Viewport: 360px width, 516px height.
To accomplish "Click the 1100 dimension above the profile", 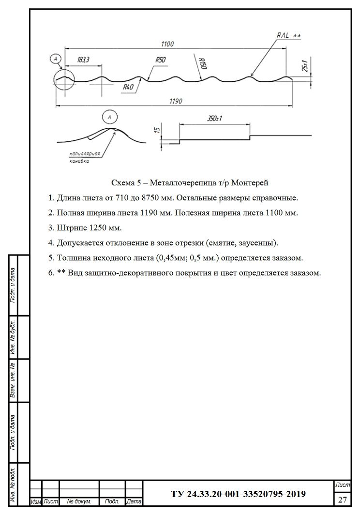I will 166,44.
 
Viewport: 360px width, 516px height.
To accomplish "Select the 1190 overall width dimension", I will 175,101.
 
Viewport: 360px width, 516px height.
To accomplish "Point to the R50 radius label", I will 161,60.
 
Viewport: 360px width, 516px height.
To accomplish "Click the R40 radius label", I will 128,87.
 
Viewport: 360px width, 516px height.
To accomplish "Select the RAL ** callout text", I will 288,35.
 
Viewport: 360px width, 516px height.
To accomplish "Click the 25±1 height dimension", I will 305,66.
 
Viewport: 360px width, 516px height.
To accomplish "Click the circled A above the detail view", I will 110,117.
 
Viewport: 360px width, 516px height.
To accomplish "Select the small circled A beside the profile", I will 56,59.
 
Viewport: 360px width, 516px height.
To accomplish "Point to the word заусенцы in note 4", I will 258,243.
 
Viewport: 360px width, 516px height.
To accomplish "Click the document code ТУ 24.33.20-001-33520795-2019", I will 238,494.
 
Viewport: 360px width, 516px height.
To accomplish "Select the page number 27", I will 343,500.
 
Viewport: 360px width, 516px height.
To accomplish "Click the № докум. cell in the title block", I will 79,502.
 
